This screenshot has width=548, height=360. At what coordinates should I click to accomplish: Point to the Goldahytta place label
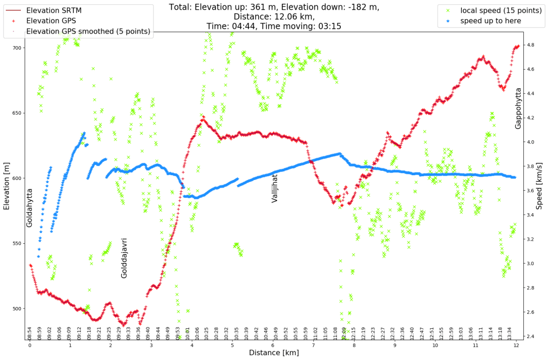tap(29, 207)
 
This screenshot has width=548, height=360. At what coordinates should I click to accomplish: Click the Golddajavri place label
tap(124, 258)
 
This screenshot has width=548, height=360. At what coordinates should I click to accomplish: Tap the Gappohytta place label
tap(518, 109)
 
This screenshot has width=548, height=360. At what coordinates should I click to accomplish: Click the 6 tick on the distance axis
tap(273, 346)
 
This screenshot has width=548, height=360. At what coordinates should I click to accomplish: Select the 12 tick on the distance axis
tap(515, 346)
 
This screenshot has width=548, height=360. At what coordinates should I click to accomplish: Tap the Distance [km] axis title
tap(272, 353)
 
